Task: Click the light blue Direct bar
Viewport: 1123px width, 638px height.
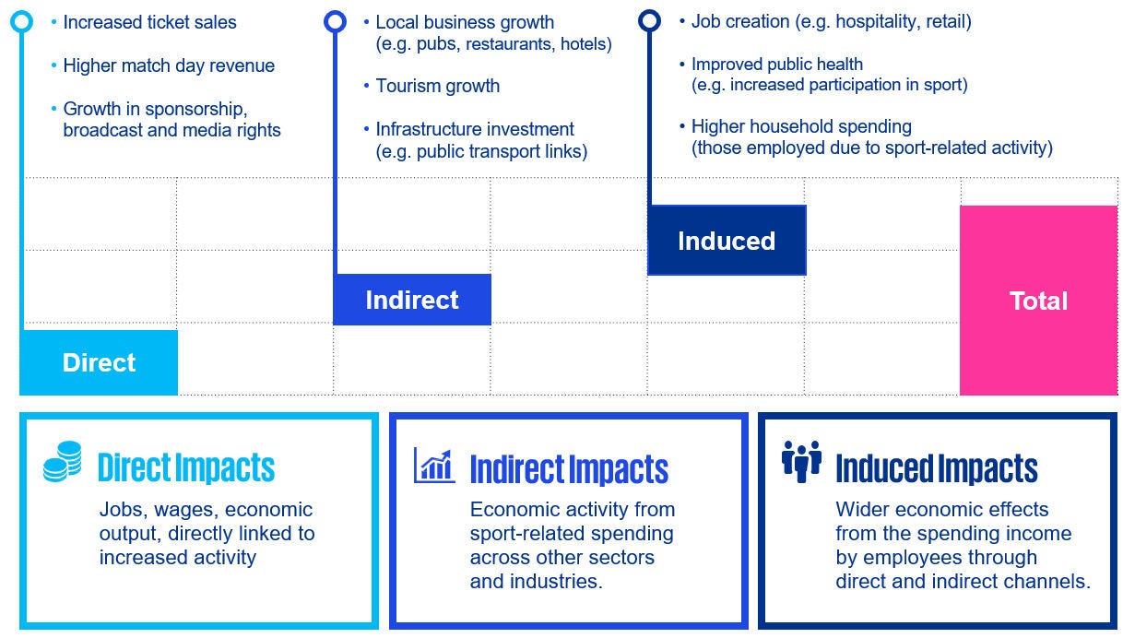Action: tap(99, 362)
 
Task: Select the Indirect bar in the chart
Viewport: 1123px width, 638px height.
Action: tap(412, 300)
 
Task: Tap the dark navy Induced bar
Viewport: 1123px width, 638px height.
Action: tap(727, 240)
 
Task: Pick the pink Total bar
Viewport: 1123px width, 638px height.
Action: tap(1039, 301)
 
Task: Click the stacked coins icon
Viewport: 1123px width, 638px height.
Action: tap(63, 462)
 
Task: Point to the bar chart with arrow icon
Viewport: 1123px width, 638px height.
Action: tap(434, 466)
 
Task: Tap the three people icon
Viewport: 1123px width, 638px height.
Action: tap(801, 462)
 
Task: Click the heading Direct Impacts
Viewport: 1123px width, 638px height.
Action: tap(186, 467)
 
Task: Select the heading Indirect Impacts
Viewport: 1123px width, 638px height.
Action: tap(569, 469)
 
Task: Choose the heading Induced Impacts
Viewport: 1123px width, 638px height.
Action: tap(937, 468)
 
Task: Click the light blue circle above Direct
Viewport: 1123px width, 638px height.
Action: tap(21, 21)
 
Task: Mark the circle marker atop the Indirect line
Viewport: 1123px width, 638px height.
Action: tap(335, 21)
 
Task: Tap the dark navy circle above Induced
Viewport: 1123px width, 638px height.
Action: tap(649, 20)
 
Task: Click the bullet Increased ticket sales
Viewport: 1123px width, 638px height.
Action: tap(149, 22)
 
